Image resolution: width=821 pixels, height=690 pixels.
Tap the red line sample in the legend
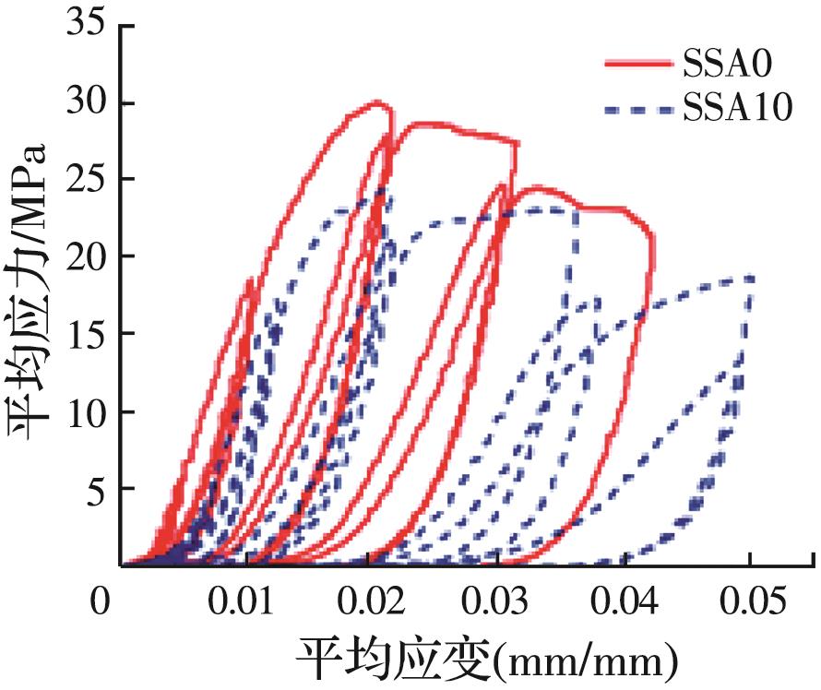[x=637, y=63]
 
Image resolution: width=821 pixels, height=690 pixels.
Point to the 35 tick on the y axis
[x=85, y=26]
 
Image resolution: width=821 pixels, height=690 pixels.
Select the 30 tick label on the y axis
[x=85, y=102]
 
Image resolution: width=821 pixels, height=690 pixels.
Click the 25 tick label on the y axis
[x=85, y=180]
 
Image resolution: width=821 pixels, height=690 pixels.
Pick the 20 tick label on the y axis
[x=85, y=256]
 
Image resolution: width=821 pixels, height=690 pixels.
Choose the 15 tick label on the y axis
[x=85, y=334]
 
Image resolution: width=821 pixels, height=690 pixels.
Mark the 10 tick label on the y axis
[x=85, y=411]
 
